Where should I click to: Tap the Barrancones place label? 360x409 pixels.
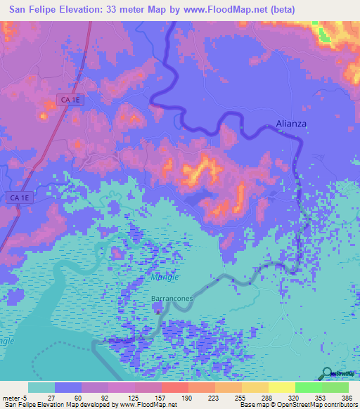coord(172,299)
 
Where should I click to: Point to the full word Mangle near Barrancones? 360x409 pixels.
coord(165,277)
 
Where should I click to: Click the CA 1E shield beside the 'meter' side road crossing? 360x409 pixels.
coord(19,198)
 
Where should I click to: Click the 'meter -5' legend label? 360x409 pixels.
coord(14,397)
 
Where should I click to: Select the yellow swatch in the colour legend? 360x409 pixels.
coord(281,387)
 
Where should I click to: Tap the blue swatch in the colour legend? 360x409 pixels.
coord(68,387)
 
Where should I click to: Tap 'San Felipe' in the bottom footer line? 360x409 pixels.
coord(19,405)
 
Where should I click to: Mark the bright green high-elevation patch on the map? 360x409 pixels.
coord(323,33)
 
